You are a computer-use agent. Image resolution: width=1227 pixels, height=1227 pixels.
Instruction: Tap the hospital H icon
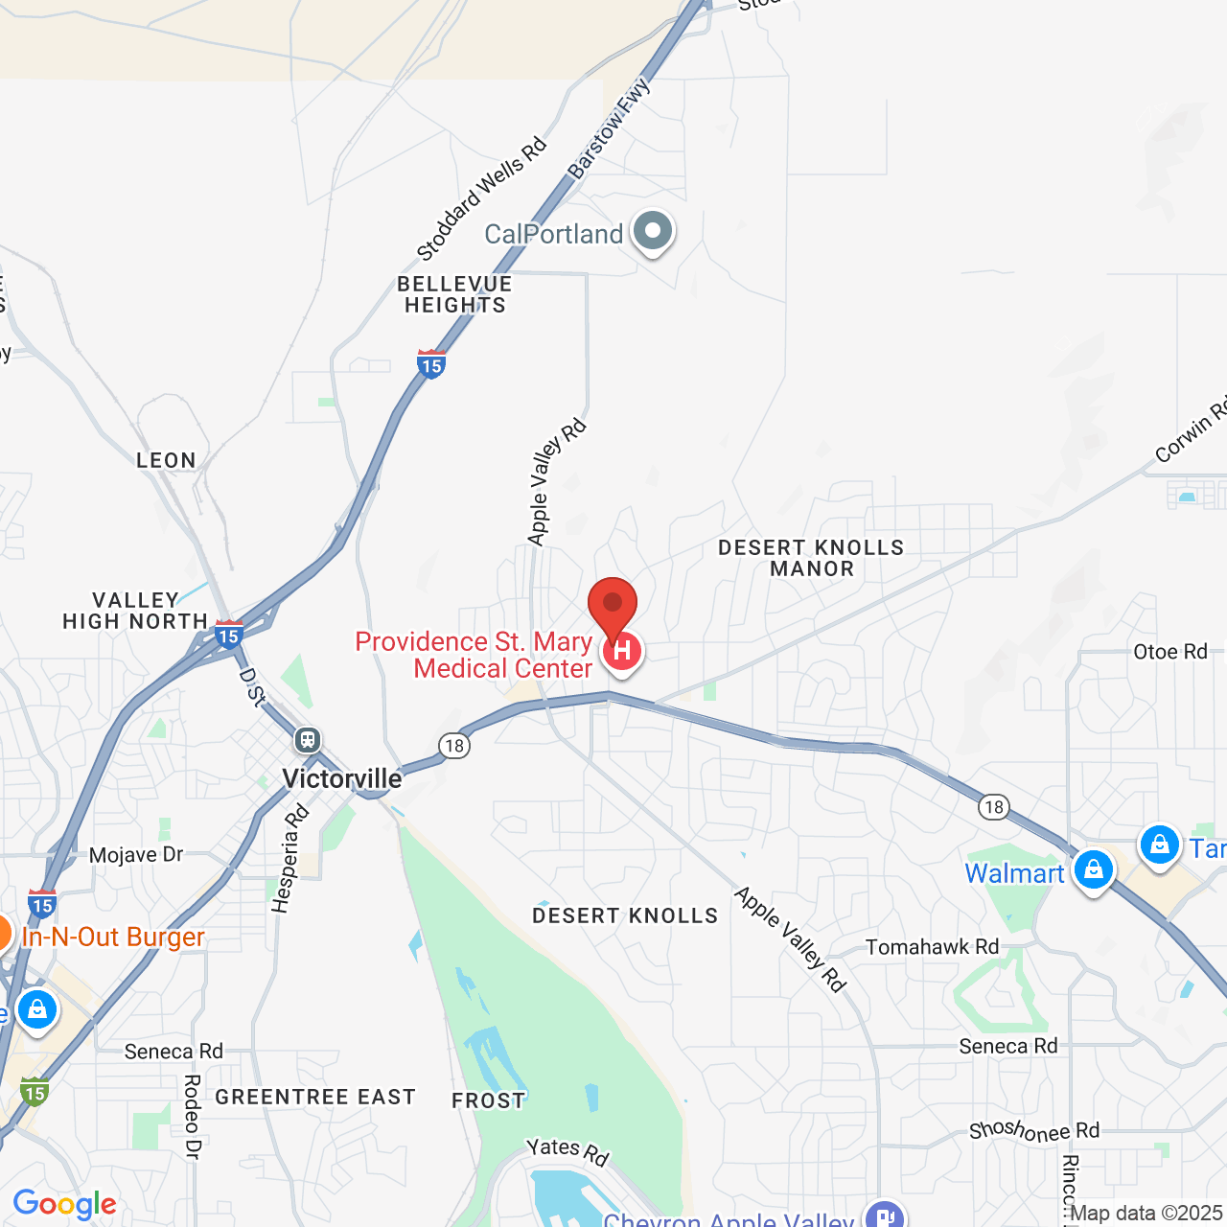[622, 652]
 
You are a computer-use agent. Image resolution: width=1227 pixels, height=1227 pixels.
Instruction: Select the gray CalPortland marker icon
[654, 231]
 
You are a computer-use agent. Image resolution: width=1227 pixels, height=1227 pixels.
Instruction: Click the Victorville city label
[342, 778]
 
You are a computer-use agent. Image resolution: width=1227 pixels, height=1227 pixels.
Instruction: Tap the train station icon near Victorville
[308, 739]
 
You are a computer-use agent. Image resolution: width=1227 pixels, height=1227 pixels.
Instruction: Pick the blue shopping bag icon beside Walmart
[1093, 869]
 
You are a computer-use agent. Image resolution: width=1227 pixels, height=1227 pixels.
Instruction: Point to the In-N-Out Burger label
[113, 937]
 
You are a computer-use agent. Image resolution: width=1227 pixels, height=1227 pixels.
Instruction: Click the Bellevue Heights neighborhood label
[454, 294]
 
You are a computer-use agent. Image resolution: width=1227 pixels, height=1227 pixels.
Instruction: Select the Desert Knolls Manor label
[811, 558]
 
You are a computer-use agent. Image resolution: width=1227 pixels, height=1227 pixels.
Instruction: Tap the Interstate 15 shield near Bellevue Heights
[431, 364]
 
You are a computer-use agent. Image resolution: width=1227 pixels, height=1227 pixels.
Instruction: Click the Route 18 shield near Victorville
[454, 745]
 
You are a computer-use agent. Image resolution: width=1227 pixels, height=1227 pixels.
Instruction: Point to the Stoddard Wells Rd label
[481, 198]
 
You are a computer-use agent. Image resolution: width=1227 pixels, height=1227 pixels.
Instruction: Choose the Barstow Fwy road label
[609, 128]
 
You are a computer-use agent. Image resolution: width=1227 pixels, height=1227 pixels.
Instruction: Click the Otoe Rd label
[1169, 652]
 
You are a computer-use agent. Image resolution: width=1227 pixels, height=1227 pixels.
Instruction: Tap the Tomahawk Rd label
[932, 947]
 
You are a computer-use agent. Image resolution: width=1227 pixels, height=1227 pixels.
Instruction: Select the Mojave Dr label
[136, 854]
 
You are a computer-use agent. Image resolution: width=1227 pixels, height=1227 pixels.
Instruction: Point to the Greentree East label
[315, 1097]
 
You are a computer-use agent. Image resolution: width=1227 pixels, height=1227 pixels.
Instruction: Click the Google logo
[64, 1204]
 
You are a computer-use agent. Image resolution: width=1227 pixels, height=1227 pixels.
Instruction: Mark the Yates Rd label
[567, 1150]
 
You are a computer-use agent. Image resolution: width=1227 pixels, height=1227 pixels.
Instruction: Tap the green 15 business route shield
[35, 1092]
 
